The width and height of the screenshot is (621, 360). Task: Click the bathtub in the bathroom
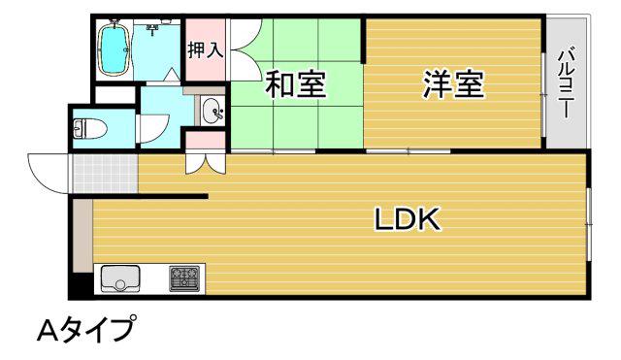[x=114, y=49]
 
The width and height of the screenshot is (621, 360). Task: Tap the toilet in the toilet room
[x=90, y=128]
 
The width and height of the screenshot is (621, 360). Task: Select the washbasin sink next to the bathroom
[x=212, y=111]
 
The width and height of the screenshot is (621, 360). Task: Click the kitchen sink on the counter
[x=120, y=278]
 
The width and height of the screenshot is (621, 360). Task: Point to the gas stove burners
[x=184, y=278]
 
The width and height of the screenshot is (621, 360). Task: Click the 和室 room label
[x=295, y=84]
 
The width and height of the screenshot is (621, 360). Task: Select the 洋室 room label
[x=453, y=84]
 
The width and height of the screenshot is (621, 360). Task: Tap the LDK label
[x=408, y=219]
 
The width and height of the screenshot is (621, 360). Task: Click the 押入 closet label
[x=206, y=50]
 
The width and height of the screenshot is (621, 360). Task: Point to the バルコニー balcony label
[x=566, y=82]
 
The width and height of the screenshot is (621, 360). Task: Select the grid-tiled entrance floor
[x=105, y=174]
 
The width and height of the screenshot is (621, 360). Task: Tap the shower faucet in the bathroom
[x=152, y=29]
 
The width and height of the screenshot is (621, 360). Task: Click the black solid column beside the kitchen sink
[x=82, y=284]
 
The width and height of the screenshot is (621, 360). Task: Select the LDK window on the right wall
[x=589, y=224]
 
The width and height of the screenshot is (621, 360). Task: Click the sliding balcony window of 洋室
[x=543, y=95]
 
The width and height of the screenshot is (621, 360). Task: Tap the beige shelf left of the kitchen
[x=83, y=236]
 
